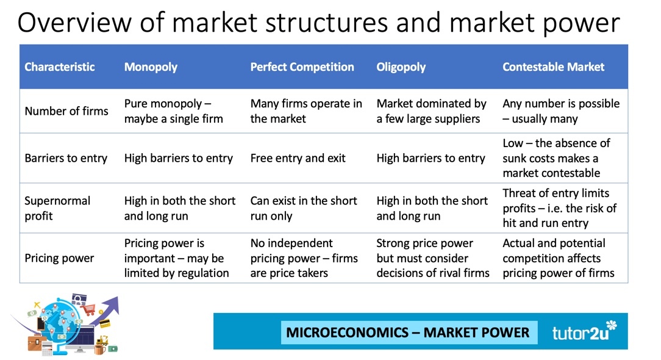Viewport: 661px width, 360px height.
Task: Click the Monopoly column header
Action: point(151,67)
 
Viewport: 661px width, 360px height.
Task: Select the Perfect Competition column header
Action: point(302,67)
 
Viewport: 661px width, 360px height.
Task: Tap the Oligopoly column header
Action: point(401,67)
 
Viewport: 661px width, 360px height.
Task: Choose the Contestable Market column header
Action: point(553,67)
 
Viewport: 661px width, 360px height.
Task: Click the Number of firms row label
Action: point(66,111)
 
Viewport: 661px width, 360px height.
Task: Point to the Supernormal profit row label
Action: point(57,208)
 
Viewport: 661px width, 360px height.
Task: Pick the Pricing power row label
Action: point(59,258)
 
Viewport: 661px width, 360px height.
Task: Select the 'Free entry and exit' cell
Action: point(298,158)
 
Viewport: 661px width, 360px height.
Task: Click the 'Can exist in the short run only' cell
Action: point(304,208)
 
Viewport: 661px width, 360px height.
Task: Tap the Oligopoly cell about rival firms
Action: point(433,258)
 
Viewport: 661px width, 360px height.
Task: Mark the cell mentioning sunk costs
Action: point(556,158)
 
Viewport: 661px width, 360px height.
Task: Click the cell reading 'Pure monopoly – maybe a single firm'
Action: point(173,111)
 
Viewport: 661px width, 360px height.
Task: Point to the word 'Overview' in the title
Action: point(74,23)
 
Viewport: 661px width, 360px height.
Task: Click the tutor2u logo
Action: point(584,331)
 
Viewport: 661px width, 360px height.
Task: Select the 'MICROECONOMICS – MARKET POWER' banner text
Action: point(408,332)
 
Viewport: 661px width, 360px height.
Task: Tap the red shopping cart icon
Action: point(89,310)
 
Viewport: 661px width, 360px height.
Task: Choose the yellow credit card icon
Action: point(104,324)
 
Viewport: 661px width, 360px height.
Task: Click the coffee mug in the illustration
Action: point(99,350)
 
